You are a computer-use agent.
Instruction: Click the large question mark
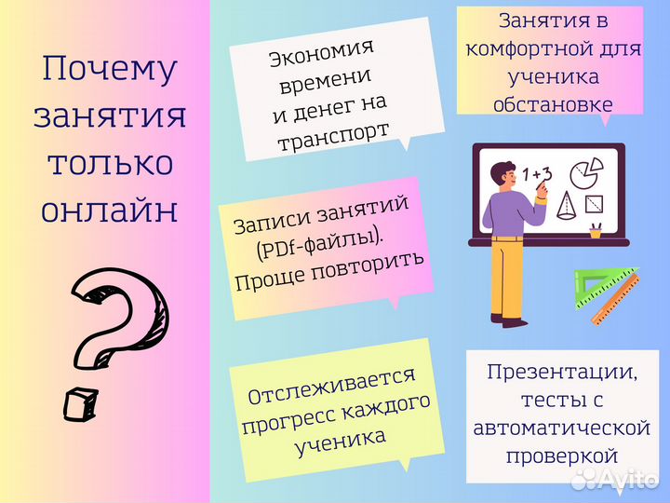coord(116,326)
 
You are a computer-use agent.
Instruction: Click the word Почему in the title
coord(110,69)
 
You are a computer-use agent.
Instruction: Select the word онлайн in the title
coord(110,210)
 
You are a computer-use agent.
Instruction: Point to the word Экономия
coord(321,53)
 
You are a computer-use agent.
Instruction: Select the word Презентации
coord(561,373)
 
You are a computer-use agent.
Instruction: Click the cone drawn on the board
coord(565,205)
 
